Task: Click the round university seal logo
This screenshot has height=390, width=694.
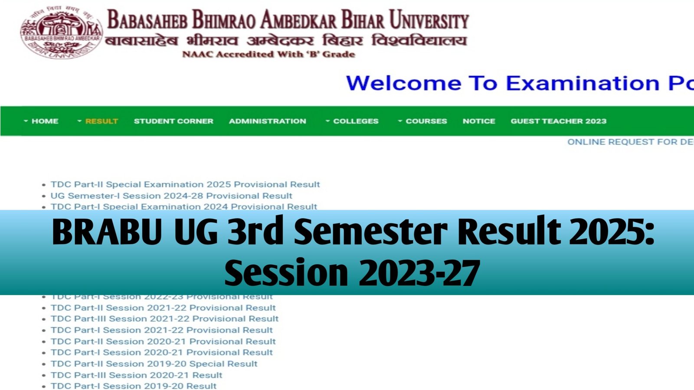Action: (x=61, y=33)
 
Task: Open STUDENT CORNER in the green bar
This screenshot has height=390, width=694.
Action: (x=173, y=121)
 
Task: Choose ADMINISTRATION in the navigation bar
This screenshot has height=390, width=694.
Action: (x=268, y=121)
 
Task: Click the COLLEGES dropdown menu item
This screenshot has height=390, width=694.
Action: (x=355, y=121)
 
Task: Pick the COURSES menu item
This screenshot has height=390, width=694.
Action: (x=426, y=121)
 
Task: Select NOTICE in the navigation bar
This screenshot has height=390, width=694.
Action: (x=479, y=121)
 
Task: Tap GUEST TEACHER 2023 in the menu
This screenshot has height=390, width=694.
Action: (x=558, y=121)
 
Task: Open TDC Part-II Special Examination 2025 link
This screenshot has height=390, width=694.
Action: (x=185, y=184)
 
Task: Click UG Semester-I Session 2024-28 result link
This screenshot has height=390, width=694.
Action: (x=171, y=195)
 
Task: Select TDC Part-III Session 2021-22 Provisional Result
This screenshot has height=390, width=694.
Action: (x=164, y=318)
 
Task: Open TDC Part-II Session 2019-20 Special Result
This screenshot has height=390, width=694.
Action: (x=154, y=364)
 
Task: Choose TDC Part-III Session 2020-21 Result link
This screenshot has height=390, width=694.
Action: (x=136, y=375)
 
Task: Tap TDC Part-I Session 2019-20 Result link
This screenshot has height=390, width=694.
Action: (x=134, y=386)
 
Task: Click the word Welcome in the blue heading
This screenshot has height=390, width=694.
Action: (x=403, y=83)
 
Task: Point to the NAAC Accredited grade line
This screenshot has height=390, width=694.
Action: (x=268, y=54)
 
